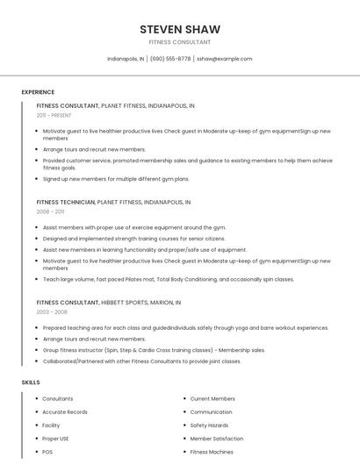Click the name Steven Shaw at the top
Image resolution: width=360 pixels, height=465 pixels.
tap(180, 29)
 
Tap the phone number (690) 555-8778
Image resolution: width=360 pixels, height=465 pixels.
tap(170, 59)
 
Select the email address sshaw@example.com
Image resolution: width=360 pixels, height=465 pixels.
tap(224, 59)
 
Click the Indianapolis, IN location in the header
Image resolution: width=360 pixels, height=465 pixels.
tap(126, 59)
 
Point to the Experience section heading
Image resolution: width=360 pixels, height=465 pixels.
tap(38, 92)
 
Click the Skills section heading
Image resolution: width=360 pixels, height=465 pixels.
tap(31, 383)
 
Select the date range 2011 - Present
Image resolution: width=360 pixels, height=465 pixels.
tap(54, 115)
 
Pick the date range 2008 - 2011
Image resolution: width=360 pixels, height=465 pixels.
tap(50, 211)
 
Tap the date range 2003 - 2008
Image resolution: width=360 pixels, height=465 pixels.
tap(52, 311)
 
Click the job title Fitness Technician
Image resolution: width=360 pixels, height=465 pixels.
tap(66, 202)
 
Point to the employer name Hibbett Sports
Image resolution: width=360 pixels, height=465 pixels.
tap(126, 302)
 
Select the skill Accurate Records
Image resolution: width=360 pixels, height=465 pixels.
tap(65, 411)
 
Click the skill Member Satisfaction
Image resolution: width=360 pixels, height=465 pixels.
tap(217, 438)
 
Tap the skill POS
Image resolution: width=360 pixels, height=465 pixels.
tap(47, 452)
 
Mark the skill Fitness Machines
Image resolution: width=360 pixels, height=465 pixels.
tap(212, 452)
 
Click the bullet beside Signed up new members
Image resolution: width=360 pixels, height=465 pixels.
tap(36, 179)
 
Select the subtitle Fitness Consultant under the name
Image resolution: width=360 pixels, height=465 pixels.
tap(180, 42)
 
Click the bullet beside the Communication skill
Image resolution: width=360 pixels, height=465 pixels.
tap(183, 411)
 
